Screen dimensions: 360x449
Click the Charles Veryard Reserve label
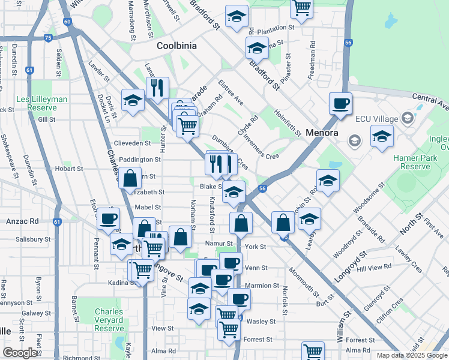109,320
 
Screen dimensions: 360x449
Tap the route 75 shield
47,37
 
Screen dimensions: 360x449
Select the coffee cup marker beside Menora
340,103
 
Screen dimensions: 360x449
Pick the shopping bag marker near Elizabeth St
130,178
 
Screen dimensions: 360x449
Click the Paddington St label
140,160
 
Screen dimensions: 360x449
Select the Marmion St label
262,286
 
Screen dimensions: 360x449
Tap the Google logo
20,353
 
